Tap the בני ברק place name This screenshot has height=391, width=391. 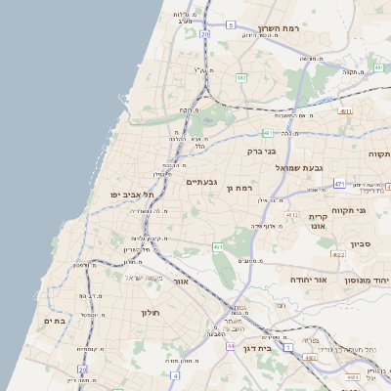260,152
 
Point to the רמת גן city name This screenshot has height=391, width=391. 239,188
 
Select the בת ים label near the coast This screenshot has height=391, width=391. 54,321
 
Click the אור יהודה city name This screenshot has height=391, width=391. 313,280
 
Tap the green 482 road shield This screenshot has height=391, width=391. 240,76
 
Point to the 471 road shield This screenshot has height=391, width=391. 338,183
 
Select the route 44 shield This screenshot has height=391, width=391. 231,346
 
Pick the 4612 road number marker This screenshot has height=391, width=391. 292,214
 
